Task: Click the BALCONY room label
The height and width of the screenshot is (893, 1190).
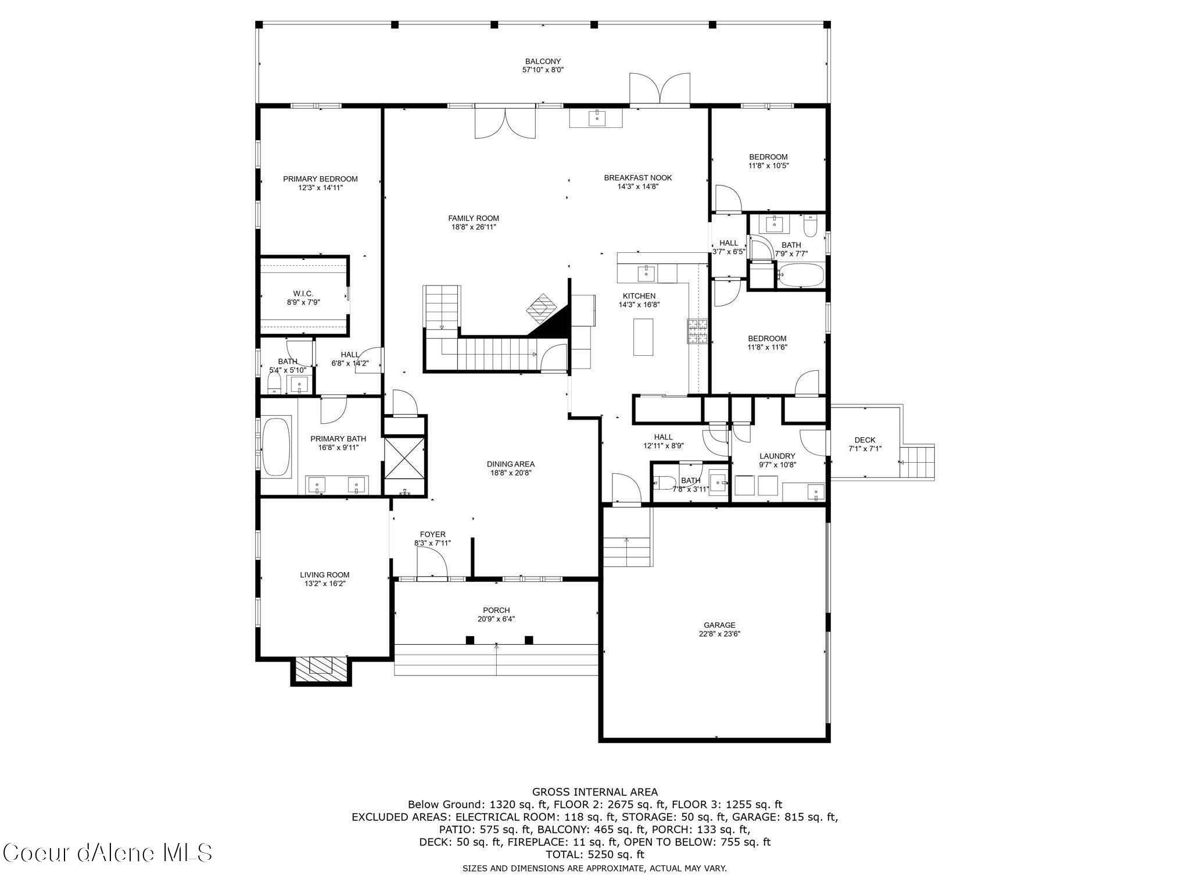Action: pos(543,62)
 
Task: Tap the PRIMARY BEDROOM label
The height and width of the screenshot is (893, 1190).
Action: pos(320,179)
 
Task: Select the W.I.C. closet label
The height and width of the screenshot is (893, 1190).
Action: pos(303,294)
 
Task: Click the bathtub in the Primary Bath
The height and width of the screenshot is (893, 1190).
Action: pos(277,446)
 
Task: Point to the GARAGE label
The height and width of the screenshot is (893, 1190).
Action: pos(719,625)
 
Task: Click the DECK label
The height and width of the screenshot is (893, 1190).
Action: pos(865,440)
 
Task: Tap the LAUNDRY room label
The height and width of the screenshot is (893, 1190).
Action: pos(777,456)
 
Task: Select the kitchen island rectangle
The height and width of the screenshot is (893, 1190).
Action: pos(643,337)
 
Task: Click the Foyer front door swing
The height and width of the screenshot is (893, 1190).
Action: pos(432,562)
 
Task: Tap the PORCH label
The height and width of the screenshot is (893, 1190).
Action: pos(496,610)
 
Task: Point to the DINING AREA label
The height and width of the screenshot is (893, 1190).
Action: pos(511,464)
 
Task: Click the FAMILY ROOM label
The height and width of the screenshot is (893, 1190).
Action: pos(474,219)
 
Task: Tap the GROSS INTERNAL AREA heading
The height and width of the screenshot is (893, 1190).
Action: pos(595,792)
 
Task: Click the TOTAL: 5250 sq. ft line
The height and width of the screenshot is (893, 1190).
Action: pos(595,855)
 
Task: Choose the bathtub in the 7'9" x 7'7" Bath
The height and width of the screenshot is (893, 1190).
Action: pos(801,274)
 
